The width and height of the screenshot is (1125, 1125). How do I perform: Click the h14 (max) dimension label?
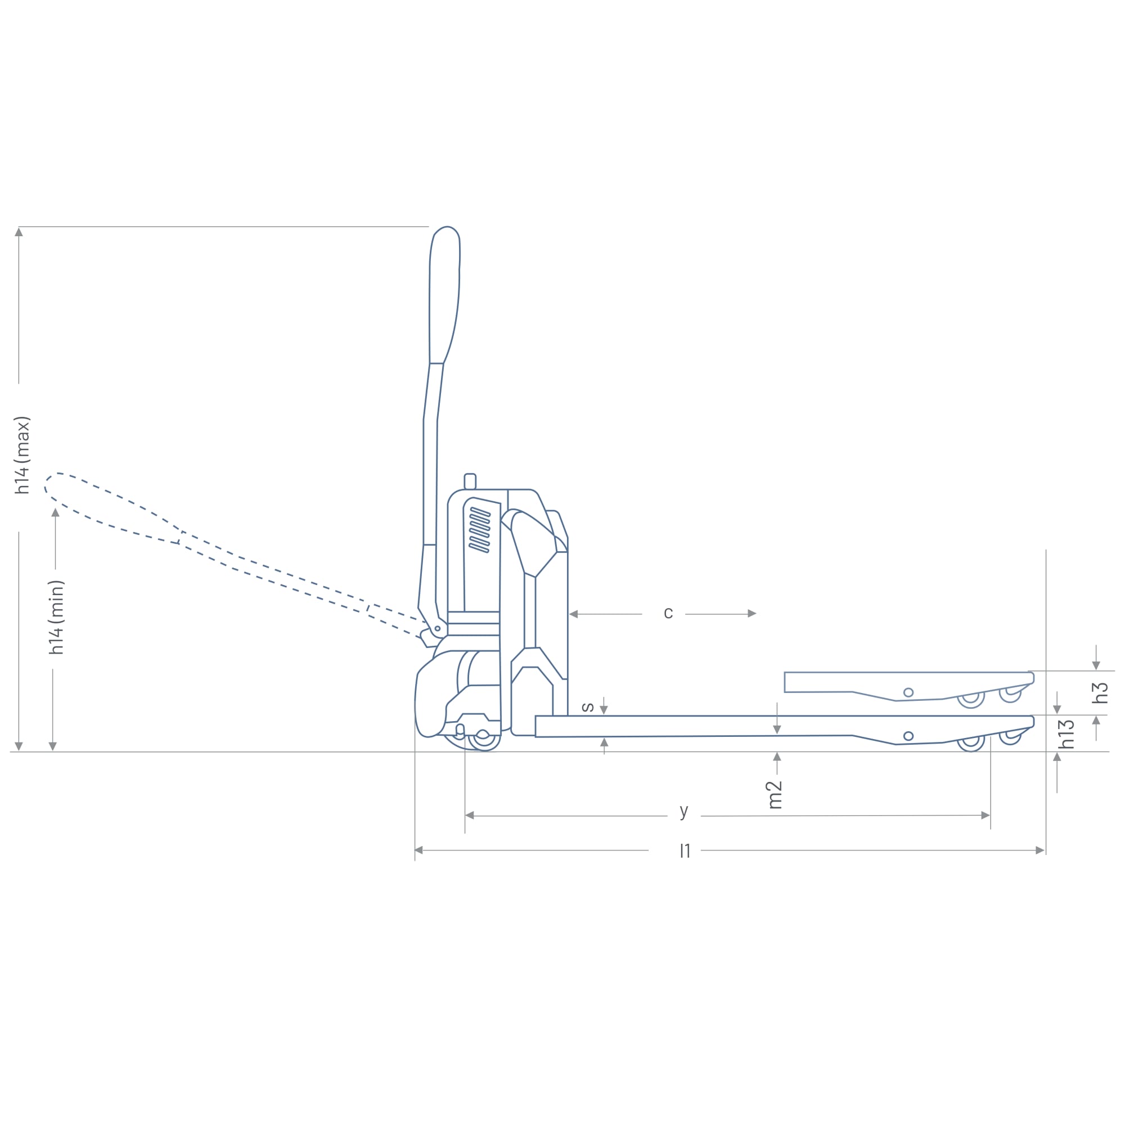point(22,456)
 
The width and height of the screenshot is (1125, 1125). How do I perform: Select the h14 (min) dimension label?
point(56,617)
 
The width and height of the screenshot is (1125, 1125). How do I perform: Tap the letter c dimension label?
point(668,613)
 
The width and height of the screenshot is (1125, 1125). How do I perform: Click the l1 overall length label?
point(685,850)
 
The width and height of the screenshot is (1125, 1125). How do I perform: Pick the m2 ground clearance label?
point(775,795)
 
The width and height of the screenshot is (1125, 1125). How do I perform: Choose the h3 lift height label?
point(1099,693)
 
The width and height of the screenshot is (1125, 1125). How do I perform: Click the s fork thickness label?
point(588,708)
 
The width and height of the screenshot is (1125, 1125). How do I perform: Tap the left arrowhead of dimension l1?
point(418,850)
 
